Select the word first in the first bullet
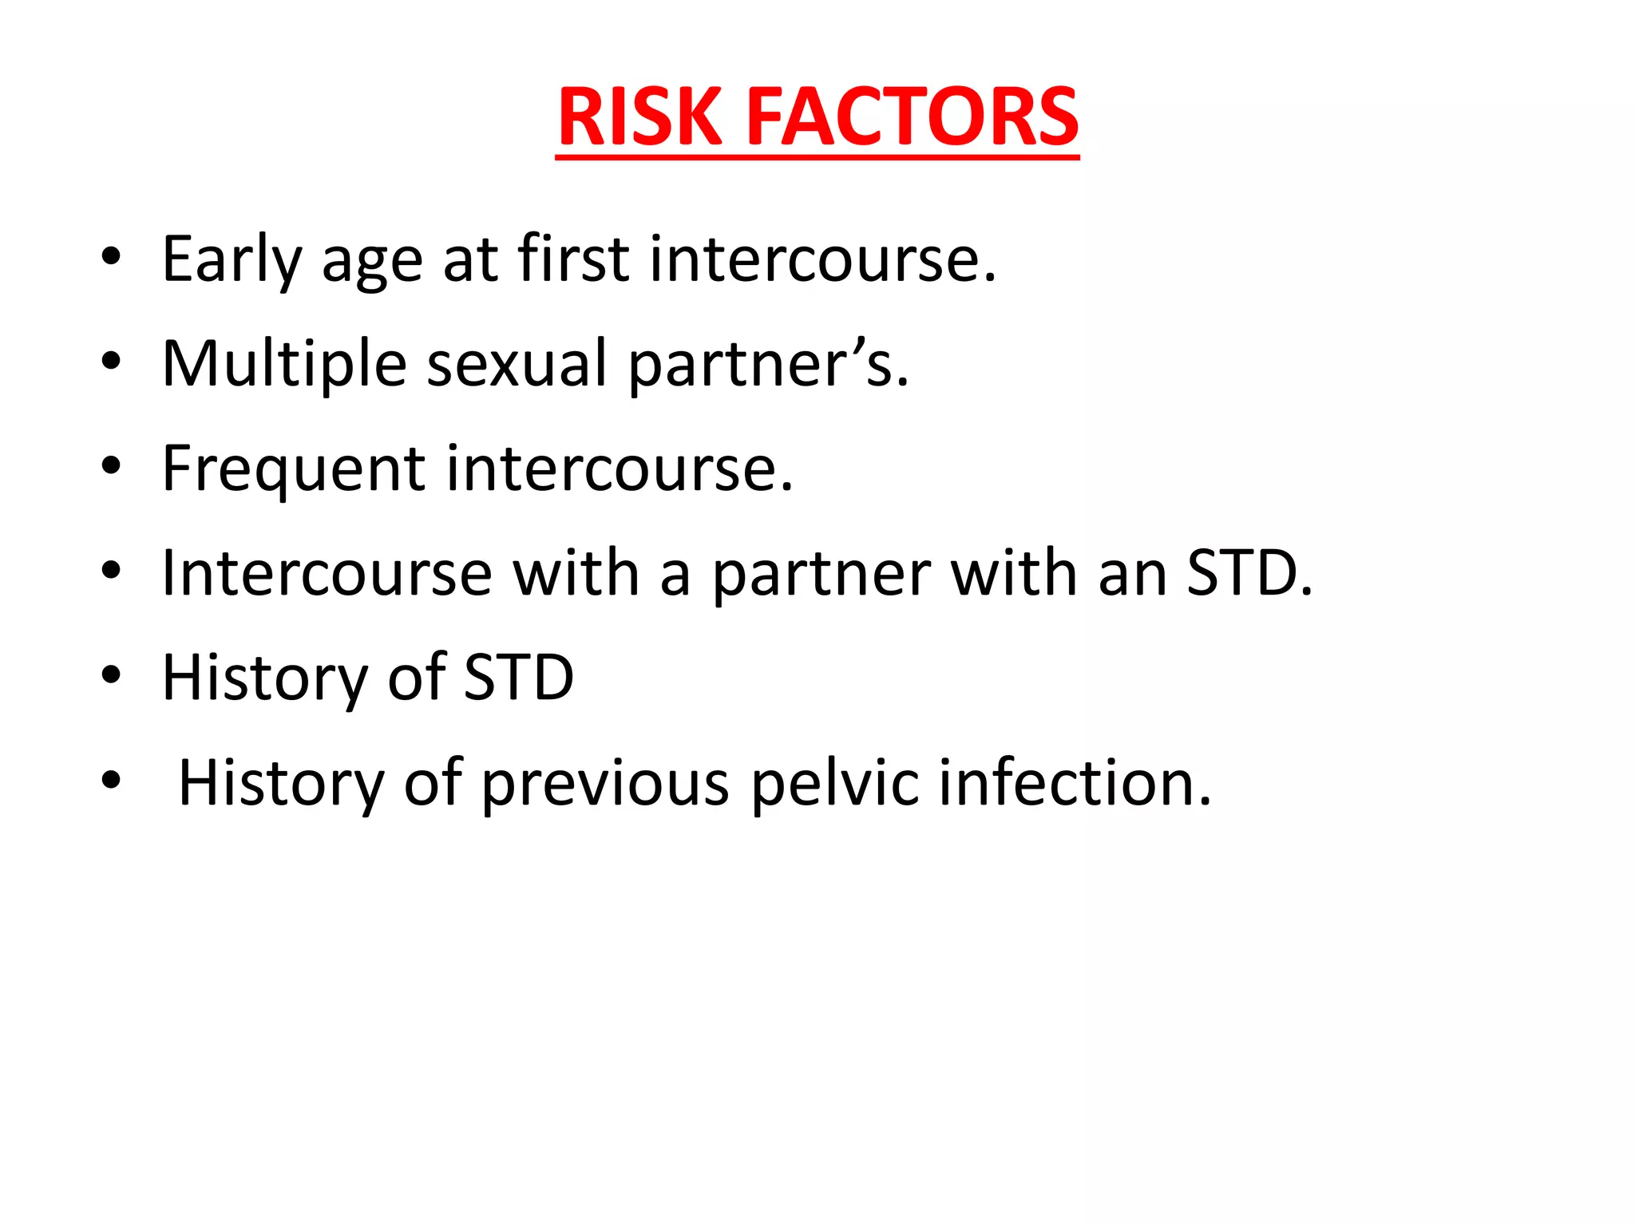pos(573,259)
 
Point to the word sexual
pos(517,364)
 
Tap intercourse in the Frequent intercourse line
pos(619,469)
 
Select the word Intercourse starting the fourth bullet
pos(327,573)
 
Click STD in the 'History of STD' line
pos(518,678)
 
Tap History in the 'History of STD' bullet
pos(264,678)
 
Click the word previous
pos(605,784)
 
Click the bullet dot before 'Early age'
pos(111,256)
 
